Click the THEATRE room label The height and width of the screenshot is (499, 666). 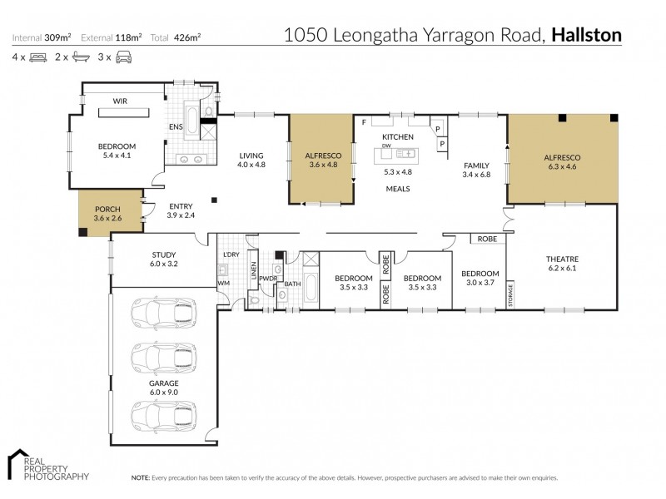click(x=561, y=258)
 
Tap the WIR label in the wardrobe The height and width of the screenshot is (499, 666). click(x=120, y=102)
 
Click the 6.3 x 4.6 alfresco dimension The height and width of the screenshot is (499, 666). click(x=561, y=167)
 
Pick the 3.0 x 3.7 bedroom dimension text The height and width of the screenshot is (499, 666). click(x=480, y=284)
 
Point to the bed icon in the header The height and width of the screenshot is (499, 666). click(x=37, y=57)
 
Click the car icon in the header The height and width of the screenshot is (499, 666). click(x=123, y=57)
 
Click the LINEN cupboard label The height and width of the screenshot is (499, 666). click(x=253, y=271)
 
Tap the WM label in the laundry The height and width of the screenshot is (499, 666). click(x=223, y=283)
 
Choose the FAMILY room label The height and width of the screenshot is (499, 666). click(x=475, y=166)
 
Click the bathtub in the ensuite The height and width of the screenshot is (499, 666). click(x=190, y=122)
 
